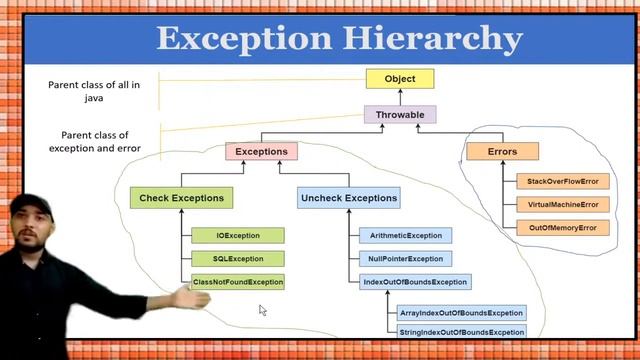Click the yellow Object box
tap(399, 78)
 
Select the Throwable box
tap(400, 115)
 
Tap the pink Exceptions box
tap(261, 152)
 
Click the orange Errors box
tap(502, 152)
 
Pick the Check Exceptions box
tap(181, 198)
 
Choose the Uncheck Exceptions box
tap(348, 198)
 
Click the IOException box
tap(238, 236)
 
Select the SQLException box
tap(238, 259)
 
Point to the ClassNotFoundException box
tap(238, 282)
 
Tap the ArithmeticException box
tap(405, 236)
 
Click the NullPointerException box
tap(405, 259)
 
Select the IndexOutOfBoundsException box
tap(414, 282)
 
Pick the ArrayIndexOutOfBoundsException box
tap(460, 314)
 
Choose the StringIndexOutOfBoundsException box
tap(460, 331)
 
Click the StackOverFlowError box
tap(562, 182)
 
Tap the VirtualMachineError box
tap(562, 205)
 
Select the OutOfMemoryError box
tap(562, 228)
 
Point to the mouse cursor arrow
tap(262, 310)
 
